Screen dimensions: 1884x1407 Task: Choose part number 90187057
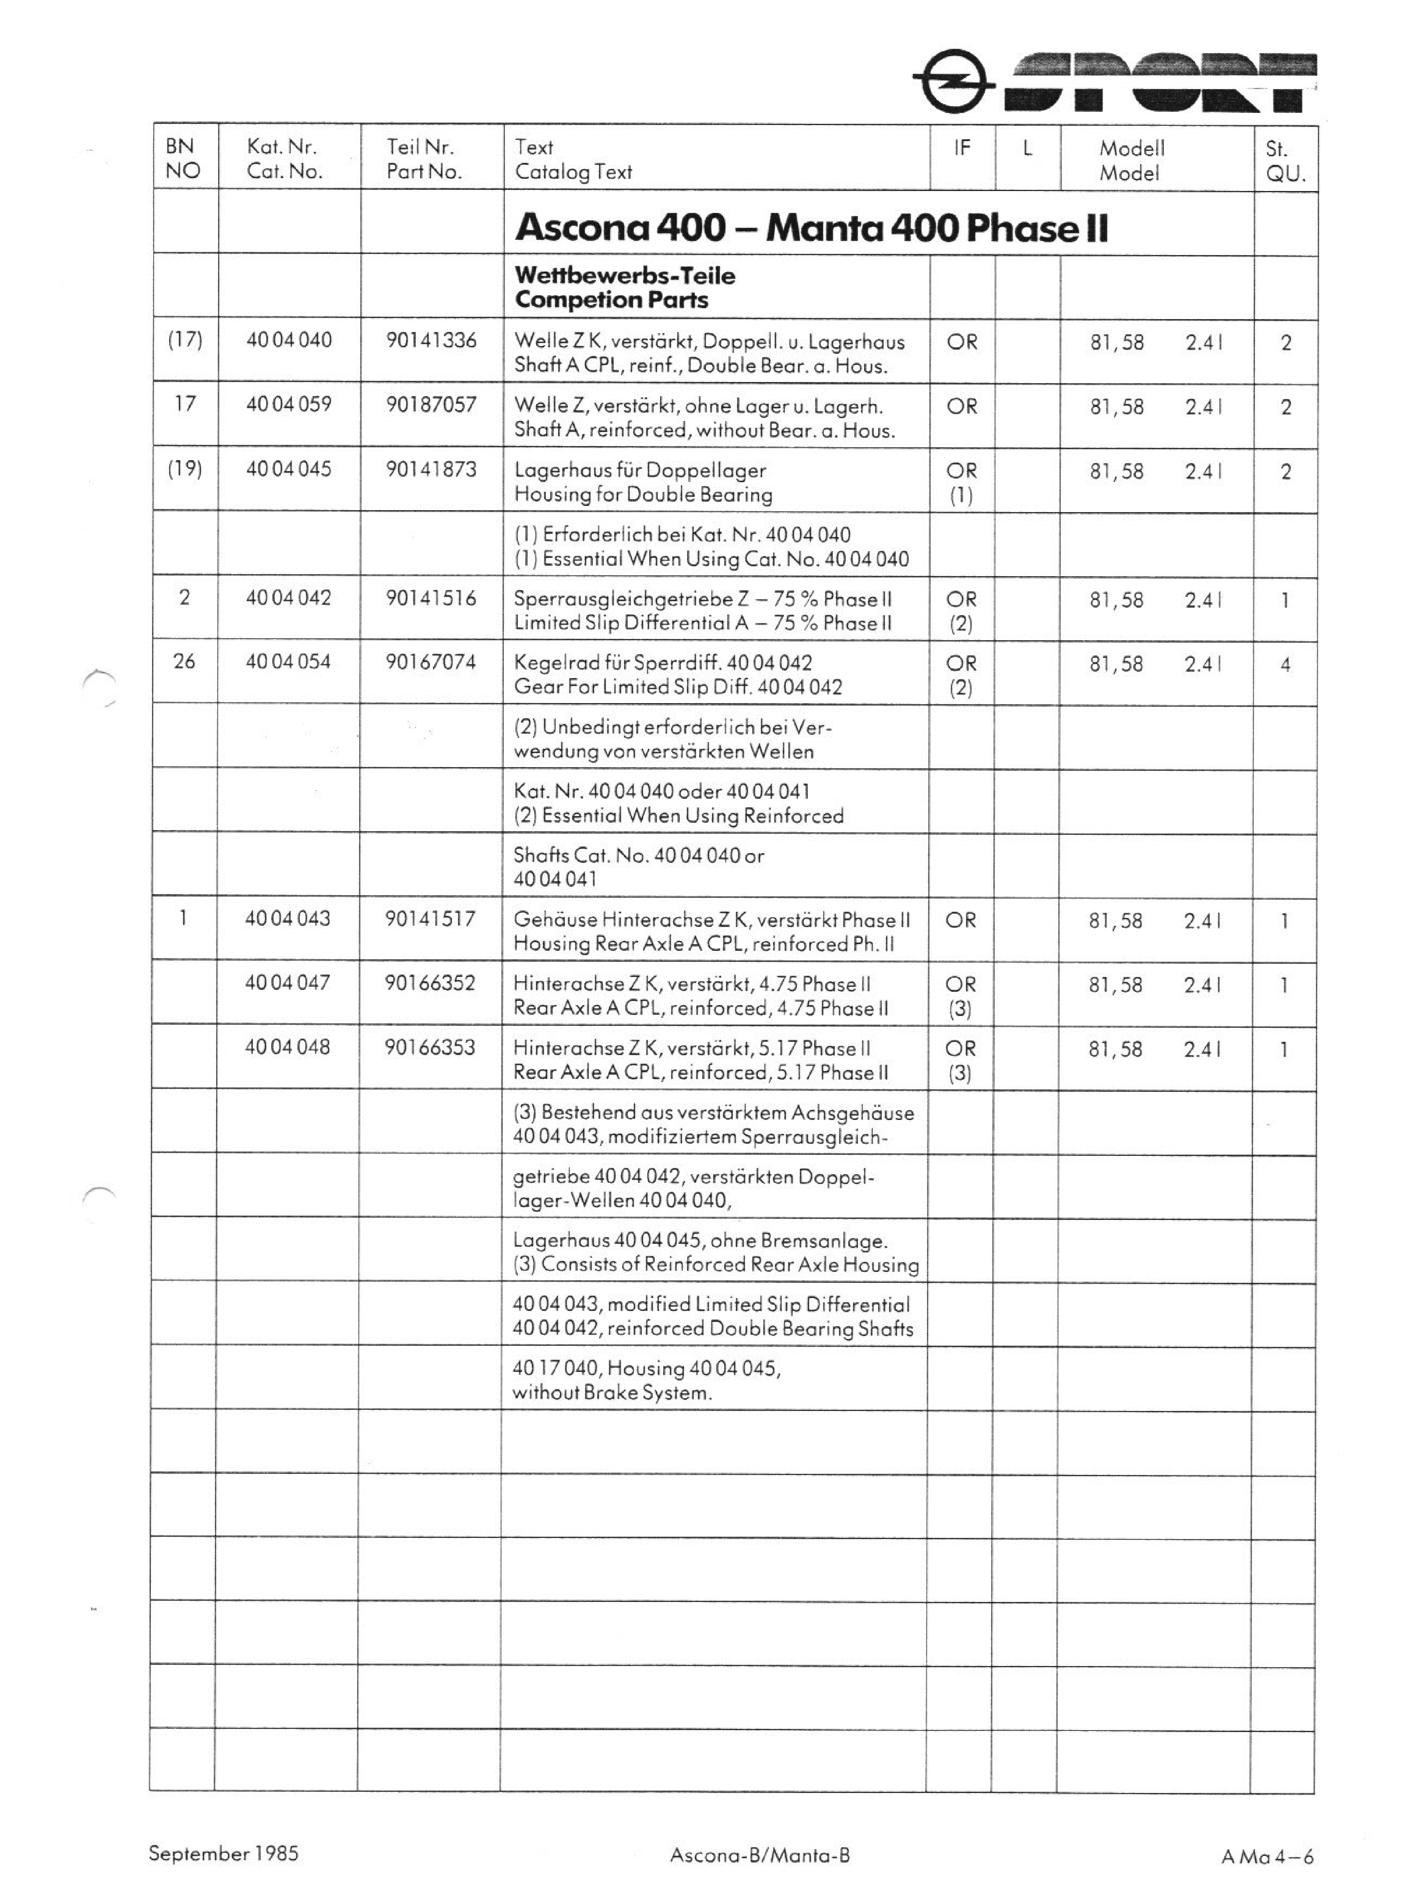[431, 404]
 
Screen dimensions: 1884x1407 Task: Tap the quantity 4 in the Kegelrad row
[1285, 665]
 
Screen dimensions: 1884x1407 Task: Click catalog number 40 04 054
[289, 661]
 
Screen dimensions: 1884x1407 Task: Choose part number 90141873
[431, 469]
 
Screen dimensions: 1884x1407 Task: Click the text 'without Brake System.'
[612, 1393]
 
